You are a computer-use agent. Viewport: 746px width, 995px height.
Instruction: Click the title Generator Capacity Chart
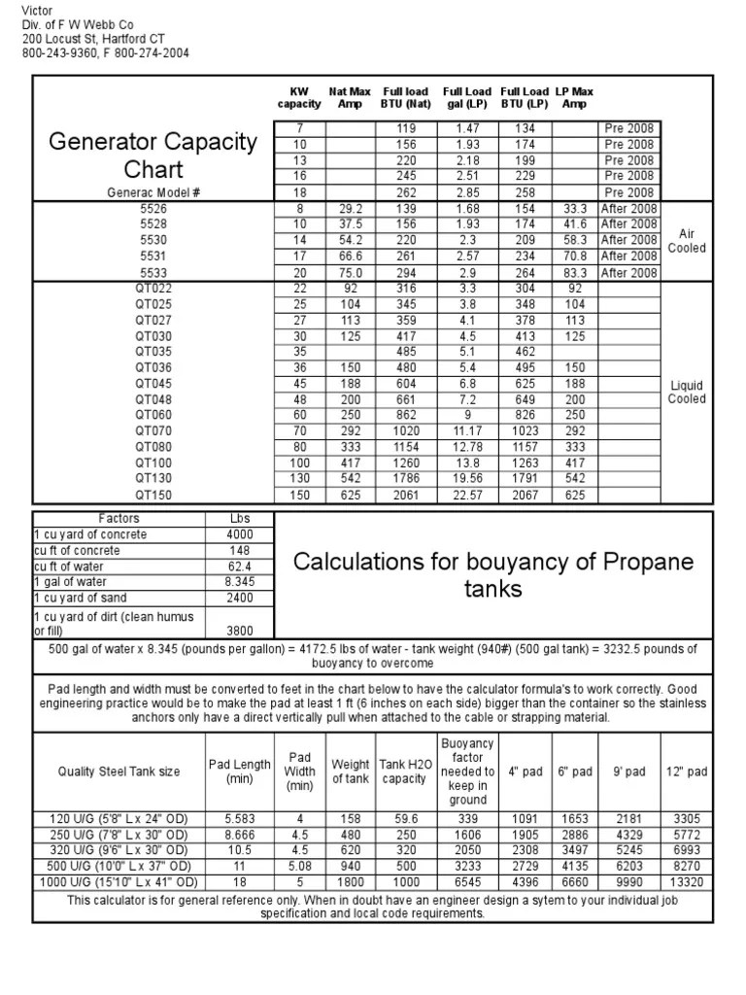pos(153,156)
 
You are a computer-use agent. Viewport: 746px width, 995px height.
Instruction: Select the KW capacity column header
pos(298,98)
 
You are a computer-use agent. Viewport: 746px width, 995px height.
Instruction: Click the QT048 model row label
pos(153,398)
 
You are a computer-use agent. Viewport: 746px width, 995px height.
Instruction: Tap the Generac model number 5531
pos(153,257)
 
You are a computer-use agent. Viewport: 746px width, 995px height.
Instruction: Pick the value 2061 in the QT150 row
pos(399,496)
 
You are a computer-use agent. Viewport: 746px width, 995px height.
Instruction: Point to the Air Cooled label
pos(687,241)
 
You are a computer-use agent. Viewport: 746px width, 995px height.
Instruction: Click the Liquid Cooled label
pos(687,392)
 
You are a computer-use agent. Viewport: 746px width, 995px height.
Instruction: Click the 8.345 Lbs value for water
pos(239,582)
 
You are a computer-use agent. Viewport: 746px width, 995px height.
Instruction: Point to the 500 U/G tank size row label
pos(116,866)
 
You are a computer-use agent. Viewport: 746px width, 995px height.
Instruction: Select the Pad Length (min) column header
pos(239,772)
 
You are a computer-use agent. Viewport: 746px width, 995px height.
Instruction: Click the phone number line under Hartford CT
pos(106,52)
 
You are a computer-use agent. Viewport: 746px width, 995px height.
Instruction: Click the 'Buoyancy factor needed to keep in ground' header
pos(467,772)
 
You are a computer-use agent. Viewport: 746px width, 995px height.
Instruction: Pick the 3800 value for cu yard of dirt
pos(239,630)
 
